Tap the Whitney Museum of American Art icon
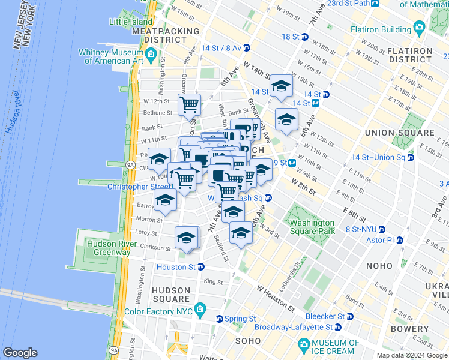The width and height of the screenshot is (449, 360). click(x=151, y=56)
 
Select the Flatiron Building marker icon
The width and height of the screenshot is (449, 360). click(x=419, y=28)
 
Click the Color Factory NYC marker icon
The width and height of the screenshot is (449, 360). click(x=202, y=312)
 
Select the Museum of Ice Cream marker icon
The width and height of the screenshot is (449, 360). click(x=304, y=346)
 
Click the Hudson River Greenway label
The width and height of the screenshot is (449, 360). click(x=109, y=248)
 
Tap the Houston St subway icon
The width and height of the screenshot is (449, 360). click(x=201, y=267)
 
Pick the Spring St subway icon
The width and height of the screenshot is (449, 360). click(x=219, y=319)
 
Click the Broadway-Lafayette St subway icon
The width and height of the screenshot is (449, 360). click(x=337, y=327)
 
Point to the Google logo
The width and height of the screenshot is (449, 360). click(x=20, y=353)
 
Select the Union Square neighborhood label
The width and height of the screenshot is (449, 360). click(x=399, y=133)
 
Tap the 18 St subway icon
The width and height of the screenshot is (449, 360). click(x=304, y=37)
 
